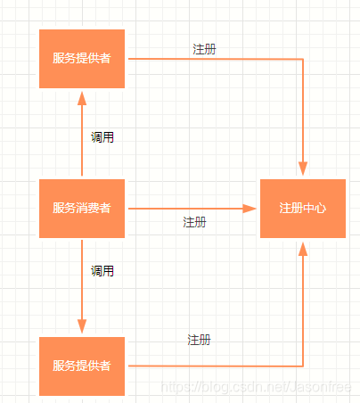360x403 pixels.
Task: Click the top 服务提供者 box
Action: coord(81,59)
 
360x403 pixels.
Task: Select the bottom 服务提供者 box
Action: coord(81,366)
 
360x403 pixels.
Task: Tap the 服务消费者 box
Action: coord(81,209)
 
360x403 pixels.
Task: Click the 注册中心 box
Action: coord(302,209)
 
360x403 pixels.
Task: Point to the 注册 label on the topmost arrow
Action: coord(204,49)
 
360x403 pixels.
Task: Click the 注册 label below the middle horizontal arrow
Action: coord(194,222)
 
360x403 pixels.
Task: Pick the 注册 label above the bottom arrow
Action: coord(199,340)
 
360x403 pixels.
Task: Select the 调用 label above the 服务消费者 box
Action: coord(102,137)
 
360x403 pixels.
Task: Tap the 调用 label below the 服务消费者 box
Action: coord(102,270)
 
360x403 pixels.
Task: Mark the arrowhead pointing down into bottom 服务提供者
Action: coord(82,327)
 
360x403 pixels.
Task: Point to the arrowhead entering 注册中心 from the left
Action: coord(251,209)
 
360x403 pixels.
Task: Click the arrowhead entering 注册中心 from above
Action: coord(303,169)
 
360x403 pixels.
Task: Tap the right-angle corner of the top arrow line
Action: coord(303,60)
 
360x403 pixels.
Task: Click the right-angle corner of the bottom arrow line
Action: coord(303,366)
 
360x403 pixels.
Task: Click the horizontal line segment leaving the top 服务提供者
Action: coord(214,60)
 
